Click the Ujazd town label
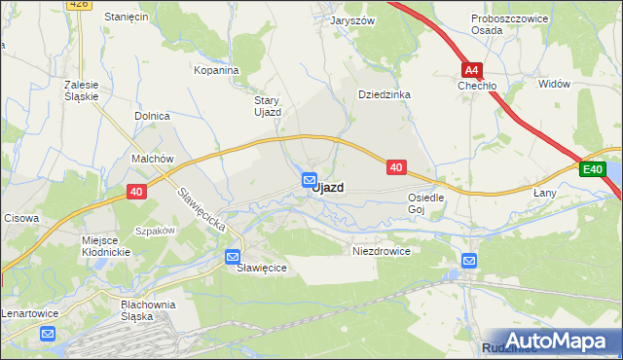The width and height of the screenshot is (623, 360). click(328, 188)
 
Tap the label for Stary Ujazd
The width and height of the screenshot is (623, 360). click(267, 106)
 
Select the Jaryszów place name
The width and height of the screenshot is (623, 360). click(352, 20)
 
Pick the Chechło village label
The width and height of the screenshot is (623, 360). click(478, 86)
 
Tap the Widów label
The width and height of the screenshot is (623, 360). click(553, 85)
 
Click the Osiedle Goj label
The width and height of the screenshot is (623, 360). click(425, 202)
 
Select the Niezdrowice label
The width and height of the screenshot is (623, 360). click(381, 250)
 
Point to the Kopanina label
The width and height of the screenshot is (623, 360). click(216, 71)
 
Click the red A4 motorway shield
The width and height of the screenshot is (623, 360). click(472, 70)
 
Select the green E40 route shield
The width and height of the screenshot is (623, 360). click(592, 170)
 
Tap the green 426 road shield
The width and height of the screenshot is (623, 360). click(80, 4)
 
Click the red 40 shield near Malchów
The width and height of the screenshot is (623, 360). click(136, 192)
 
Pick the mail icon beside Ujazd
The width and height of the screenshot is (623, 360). click(310, 180)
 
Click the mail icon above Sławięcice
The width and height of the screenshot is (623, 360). click(233, 257)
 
